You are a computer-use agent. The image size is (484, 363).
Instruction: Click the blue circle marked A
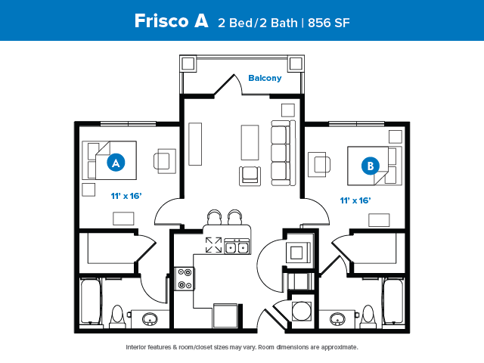tap(116, 163)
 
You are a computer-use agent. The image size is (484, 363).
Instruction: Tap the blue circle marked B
tap(371, 166)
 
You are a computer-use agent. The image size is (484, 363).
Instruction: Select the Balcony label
tap(265, 78)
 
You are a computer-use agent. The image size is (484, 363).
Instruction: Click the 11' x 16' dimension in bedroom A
tap(126, 196)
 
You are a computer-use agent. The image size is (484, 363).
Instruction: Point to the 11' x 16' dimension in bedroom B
tap(355, 200)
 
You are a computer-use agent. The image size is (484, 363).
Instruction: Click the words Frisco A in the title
tap(172, 21)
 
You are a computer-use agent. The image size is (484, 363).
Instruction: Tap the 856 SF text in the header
tap(329, 23)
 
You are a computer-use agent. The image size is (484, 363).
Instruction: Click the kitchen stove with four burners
tap(185, 279)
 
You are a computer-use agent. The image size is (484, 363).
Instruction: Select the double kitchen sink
tap(237, 247)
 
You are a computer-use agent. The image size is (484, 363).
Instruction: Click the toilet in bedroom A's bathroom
tap(117, 316)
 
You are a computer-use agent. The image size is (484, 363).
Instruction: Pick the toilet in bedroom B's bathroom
tap(368, 316)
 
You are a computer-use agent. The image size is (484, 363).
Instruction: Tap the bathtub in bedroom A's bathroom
tap(91, 301)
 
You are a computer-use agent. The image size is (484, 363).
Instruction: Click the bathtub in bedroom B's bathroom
tap(393, 301)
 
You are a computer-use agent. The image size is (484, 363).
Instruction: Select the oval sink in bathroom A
tap(150, 319)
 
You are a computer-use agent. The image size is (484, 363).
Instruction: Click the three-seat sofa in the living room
tap(284, 153)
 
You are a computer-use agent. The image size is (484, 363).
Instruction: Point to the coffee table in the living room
tap(250, 142)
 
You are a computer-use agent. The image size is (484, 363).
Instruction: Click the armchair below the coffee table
tap(250, 176)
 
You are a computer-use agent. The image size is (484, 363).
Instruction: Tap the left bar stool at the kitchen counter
tap(215, 217)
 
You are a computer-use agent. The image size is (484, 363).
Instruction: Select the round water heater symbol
tap(301, 311)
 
